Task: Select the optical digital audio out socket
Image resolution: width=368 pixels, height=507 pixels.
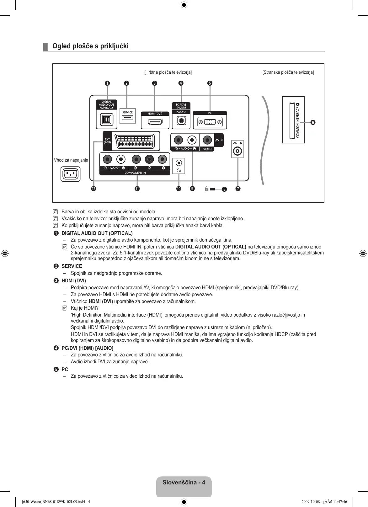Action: [106, 120]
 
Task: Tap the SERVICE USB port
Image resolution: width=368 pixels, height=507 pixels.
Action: [127, 118]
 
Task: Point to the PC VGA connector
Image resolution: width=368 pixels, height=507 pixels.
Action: [210, 122]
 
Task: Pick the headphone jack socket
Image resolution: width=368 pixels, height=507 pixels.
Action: [179, 163]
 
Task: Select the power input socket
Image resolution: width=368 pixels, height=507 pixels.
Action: [70, 174]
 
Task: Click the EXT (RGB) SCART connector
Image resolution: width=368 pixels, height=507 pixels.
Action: [135, 141]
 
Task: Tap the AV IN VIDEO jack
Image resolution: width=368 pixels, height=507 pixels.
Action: [207, 140]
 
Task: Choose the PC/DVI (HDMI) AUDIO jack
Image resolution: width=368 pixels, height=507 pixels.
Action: [181, 120]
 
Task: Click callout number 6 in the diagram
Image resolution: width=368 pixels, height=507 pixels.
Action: [312, 122]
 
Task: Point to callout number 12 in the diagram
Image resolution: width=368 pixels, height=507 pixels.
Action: [93, 189]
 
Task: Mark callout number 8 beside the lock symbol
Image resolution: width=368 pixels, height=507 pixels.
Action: [224, 189]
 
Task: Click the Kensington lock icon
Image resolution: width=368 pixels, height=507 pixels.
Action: [207, 189]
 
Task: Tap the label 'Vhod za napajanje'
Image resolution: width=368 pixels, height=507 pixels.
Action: [71, 160]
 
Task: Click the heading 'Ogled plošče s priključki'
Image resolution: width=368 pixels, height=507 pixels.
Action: [90, 46]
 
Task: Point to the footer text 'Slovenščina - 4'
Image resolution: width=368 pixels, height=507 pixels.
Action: [184, 483]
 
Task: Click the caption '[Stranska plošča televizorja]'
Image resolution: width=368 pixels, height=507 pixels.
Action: [288, 72]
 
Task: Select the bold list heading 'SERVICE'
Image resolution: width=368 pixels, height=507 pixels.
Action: [72, 266]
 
